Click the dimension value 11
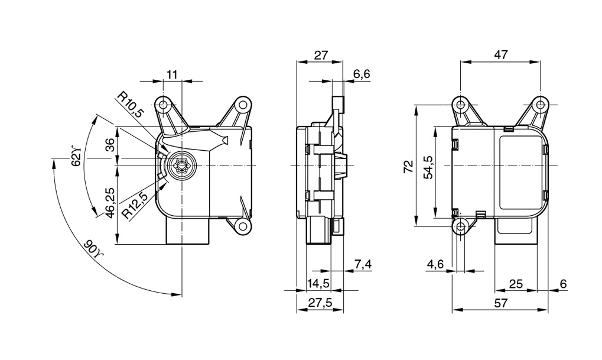pyautogui.click(x=172, y=74)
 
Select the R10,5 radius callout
pyautogui.click(x=131, y=105)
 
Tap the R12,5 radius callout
pyautogui.click(x=135, y=204)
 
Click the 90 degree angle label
pyautogui.click(x=93, y=248)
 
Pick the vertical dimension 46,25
pyautogui.click(x=110, y=203)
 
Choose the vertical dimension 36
pyautogui.click(x=110, y=146)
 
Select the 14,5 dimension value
pyautogui.click(x=318, y=284)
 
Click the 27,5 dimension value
pyautogui.click(x=319, y=303)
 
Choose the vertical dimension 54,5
pyautogui.click(x=428, y=167)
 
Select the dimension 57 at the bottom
pyautogui.click(x=500, y=303)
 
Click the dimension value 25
pyautogui.click(x=516, y=284)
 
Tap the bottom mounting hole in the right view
pyautogui.click(x=461, y=226)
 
